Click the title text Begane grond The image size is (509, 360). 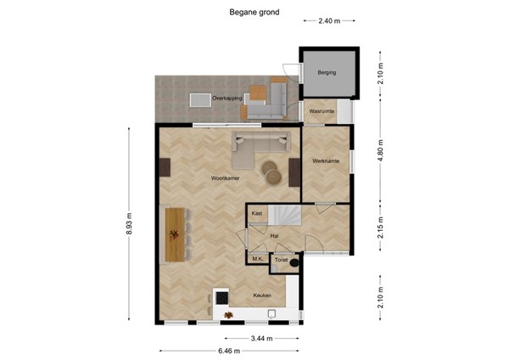click(254, 13)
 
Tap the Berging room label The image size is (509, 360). click(327, 73)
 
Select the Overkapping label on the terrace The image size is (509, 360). click(227, 99)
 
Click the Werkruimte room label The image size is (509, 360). click(325, 160)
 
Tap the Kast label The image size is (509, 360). click(256, 213)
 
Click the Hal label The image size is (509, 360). click(274, 236)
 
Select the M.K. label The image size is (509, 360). click(257, 258)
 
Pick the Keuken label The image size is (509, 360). click(262, 295)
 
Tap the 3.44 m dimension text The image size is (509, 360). click(261, 338)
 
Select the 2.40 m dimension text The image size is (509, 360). click(329, 21)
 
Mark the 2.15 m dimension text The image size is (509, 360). click(381, 229)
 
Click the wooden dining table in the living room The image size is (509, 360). click(175, 233)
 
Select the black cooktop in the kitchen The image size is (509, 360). click(222, 297)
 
